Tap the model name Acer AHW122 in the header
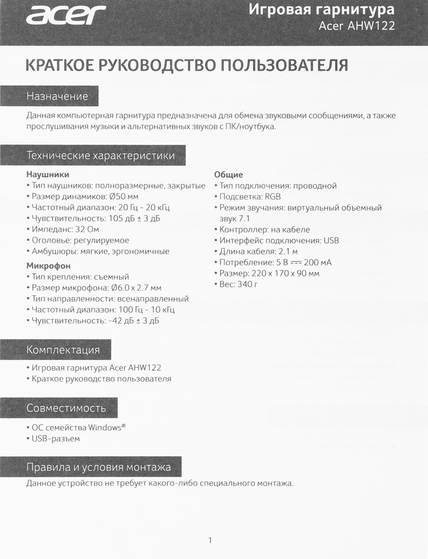point(357,26)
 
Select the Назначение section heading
point(57,96)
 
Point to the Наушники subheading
point(48,175)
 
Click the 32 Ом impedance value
point(87,229)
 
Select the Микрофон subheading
point(48,266)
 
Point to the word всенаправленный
point(153,299)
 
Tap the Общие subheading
point(229,175)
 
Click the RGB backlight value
point(273,197)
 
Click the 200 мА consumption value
point(318,262)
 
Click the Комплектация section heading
point(63,350)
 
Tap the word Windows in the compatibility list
point(104,428)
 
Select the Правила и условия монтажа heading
point(98,467)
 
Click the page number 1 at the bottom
point(210,541)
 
